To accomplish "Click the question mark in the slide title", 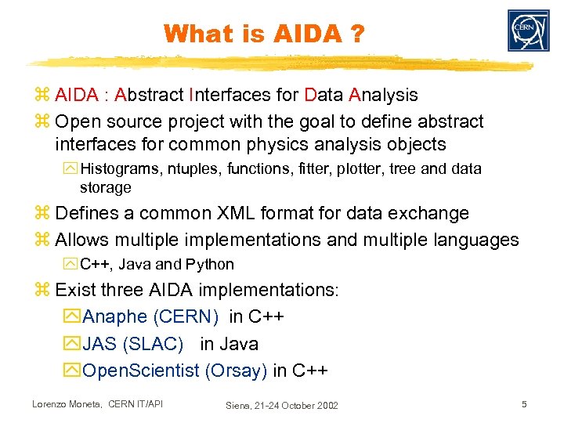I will click(356, 34).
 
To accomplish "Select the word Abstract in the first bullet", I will click(149, 96).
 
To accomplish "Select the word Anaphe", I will click(114, 316).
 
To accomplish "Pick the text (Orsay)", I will click(236, 371).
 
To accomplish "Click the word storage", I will click(105, 188).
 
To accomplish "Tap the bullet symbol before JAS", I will click(74, 344).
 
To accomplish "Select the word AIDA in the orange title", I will click(298, 34).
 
